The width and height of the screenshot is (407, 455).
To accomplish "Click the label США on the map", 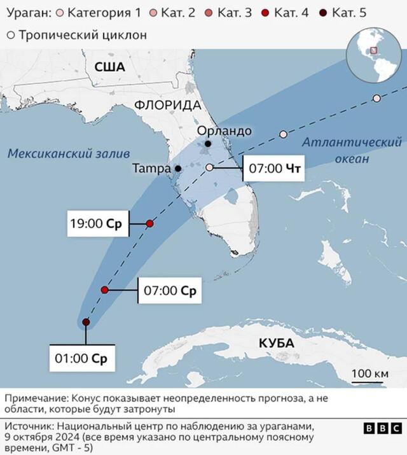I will pyautogui.click(x=109, y=67).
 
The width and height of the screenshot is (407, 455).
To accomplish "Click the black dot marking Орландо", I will pyautogui.click(x=207, y=144).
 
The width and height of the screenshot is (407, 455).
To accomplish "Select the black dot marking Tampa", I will pyautogui.click(x=179, y=169).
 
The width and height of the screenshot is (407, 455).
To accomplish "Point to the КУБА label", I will pyautogui.click(x=277, y=343).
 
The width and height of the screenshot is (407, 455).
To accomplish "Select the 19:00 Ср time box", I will pyautogui.click(x=99, y=224).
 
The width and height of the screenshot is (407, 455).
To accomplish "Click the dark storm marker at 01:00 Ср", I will pyautogui.click(x=86, y=323).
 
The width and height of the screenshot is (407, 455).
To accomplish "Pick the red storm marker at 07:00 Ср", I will pyautogui.click(x=105, y=290).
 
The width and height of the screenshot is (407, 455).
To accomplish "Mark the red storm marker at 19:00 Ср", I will pyautogui.click(x=149, y=223).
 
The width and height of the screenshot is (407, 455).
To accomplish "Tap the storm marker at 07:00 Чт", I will pyautogui.click(x=209, y=167).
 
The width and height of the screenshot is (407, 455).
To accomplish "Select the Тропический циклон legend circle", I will pyautogui.click(x=11, y=35).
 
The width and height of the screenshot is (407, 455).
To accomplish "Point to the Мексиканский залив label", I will pyautogui.click(x=68, y=153).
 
